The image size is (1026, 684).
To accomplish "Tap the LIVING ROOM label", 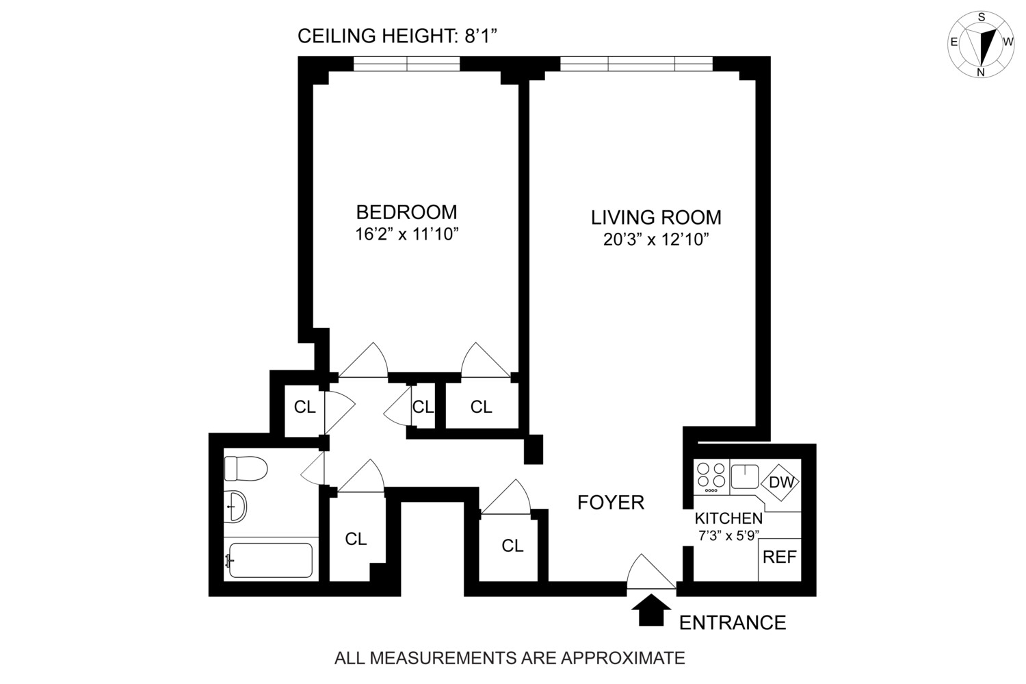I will coord(656,218).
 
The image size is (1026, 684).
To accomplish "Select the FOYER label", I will coord(611,503).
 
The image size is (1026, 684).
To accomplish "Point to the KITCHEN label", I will coord(728,518).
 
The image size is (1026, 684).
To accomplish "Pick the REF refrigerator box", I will coord(780,557).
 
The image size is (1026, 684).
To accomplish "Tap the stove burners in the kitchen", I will coord(711,477).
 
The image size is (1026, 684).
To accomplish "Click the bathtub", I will coord(270,560).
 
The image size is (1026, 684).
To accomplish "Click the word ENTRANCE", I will coord(733,622).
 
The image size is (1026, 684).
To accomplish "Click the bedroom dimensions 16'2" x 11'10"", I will coord(406,234).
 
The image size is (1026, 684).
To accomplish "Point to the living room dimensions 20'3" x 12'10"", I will coord(656,240).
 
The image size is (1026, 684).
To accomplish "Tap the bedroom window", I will coord(407,64).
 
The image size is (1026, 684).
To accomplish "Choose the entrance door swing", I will coord(650,572).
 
